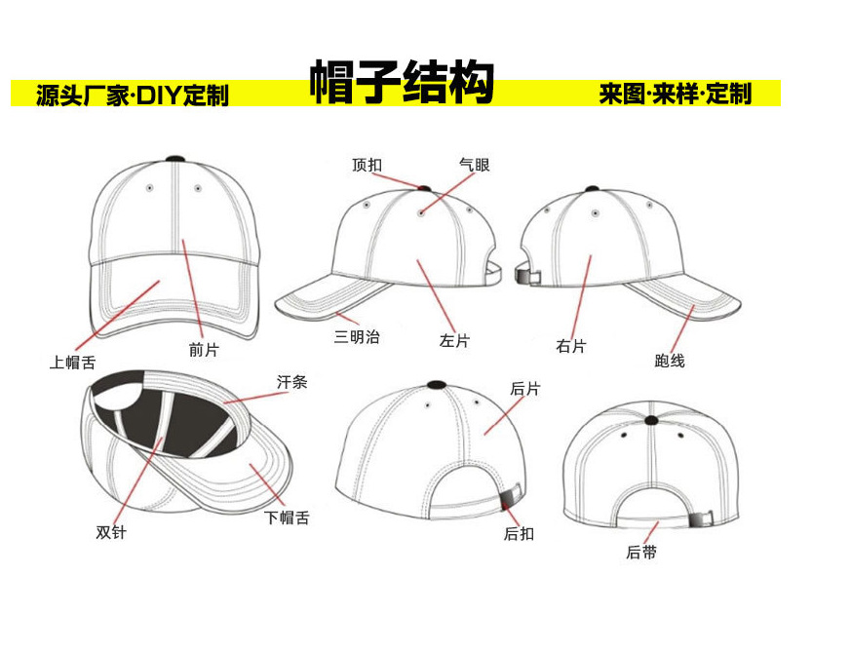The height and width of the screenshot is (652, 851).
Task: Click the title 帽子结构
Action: pos(402,84)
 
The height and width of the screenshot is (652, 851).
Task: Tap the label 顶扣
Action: pos(367,166)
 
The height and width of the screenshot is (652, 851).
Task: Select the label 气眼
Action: pos(474,166)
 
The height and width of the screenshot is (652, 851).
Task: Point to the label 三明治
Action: pos(357,337)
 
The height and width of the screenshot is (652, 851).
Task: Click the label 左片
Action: pos(454,341)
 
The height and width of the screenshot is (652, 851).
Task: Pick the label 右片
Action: pos(571,346)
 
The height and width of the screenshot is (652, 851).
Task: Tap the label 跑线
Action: pos(670,361)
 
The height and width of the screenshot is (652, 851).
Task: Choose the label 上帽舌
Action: pos(73,363)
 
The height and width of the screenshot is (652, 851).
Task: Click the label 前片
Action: pos(204,350)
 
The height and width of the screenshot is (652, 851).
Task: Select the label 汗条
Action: pos(291,383)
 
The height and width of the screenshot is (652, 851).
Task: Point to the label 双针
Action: pos(111,532)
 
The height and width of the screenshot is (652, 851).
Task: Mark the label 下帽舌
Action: pos(288,518)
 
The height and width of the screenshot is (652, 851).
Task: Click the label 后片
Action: pos(525,389)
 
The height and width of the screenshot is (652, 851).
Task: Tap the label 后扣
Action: pos(519,533)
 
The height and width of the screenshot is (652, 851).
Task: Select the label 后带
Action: pos(641,553)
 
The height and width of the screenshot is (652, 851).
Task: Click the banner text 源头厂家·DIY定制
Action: pos(133,96)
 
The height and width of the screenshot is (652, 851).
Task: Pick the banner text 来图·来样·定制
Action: pos(676,95)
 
